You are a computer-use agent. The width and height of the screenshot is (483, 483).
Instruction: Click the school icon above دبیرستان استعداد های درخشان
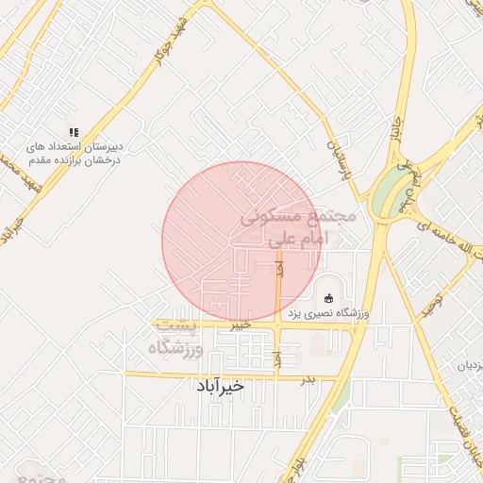(74, 132)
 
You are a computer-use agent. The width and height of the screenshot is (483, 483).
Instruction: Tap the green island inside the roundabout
(385, 194)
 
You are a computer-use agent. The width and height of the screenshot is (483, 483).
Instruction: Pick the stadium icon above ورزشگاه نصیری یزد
(328, 299)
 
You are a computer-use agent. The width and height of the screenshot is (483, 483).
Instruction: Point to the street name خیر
(241, 325)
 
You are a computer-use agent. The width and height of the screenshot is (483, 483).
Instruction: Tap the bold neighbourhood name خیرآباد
(220, 386)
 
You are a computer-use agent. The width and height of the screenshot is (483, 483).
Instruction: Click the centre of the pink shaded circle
(241, 241)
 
